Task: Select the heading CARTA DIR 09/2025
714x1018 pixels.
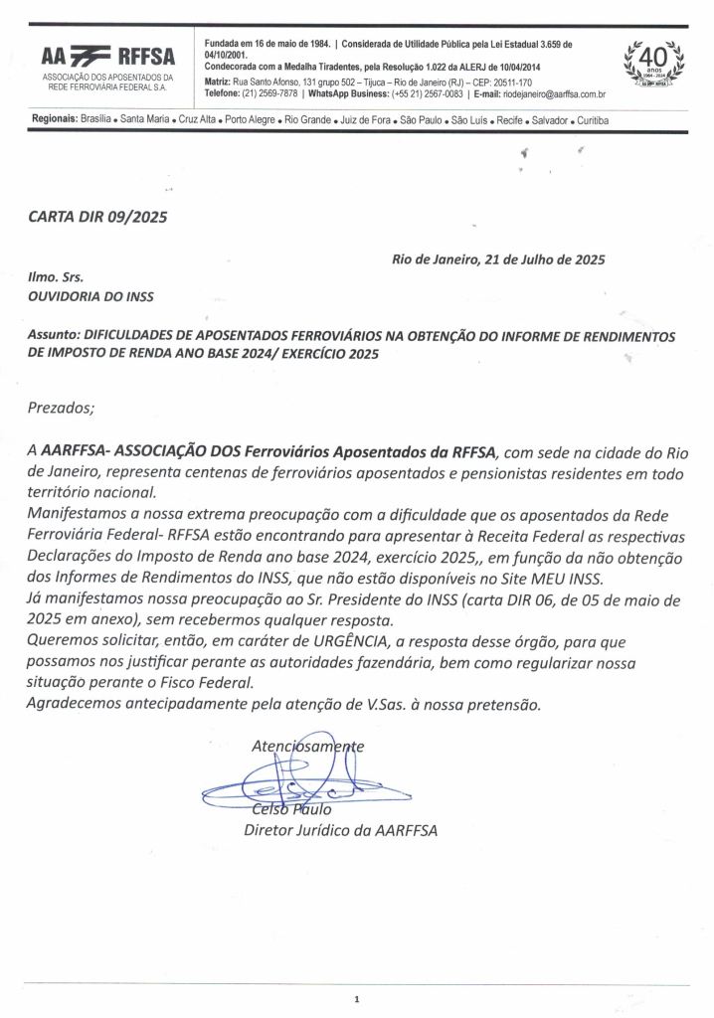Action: point(97,218)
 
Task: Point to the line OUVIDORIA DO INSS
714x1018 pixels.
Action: point(90,295)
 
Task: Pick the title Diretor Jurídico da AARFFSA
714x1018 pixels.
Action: point(340,830)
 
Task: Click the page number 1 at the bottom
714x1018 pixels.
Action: point(356,999)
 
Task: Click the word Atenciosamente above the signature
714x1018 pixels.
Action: point(308,746)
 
